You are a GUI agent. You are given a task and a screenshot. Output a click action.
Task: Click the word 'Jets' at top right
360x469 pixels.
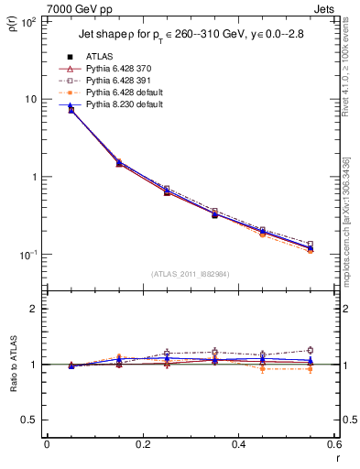pyautogui.click(x=325, y=8)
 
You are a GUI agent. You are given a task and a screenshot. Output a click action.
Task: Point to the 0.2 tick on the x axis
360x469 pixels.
pyautogui.click(x=142, y=444)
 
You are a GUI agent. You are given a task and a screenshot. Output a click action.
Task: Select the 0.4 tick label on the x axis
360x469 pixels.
pyautogui.click(x=238, y=444)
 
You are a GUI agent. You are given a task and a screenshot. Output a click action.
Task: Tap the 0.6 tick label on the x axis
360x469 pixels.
pyautogui.click(x=333, y=444)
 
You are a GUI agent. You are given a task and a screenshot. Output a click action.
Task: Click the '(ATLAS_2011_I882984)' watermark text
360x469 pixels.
pyautogui.click(x=190, y=274)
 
